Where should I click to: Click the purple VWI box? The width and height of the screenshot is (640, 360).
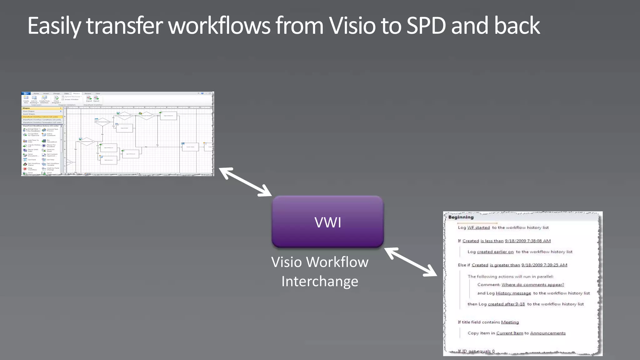327,222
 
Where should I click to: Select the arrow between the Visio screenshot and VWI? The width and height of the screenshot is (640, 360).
245,182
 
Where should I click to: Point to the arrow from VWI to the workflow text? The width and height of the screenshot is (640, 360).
411,262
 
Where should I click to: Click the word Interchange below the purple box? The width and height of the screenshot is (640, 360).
320,281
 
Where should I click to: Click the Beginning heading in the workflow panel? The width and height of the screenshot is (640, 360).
461,217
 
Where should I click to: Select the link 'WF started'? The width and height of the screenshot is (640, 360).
478,227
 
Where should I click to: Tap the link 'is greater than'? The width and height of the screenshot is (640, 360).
505,265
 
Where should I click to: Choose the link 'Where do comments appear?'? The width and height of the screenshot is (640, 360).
532,285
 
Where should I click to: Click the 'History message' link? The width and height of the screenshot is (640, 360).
513,293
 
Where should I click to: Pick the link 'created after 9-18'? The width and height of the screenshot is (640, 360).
506,304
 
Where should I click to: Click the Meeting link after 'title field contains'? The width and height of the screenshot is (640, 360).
510,322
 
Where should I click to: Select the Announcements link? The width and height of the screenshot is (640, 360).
548,333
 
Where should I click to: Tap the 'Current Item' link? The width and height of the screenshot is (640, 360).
509,333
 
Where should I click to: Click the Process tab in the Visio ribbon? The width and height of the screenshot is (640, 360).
77,93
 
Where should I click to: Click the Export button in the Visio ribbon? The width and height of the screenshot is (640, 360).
96,99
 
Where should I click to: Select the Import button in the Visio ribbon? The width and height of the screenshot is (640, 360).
89,99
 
